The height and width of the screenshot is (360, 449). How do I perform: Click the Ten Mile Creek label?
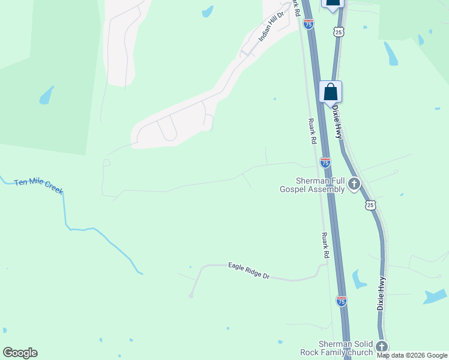[38, 186]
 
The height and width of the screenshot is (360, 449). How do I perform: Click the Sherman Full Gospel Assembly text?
[312, 185]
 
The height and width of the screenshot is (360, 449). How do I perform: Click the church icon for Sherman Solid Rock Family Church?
[381, 347]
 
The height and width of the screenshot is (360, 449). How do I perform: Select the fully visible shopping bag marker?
[330, 92]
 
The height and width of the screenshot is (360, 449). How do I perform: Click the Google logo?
[20, 353]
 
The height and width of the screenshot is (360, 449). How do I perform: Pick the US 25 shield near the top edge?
[339, 32]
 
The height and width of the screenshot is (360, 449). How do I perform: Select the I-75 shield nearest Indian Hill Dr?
[309, 24]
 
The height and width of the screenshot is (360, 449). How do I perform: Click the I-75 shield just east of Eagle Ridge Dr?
[341, 301]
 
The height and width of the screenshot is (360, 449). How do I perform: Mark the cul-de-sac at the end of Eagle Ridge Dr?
[191, 296]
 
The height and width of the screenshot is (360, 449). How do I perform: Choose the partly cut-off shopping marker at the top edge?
[333, 4]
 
